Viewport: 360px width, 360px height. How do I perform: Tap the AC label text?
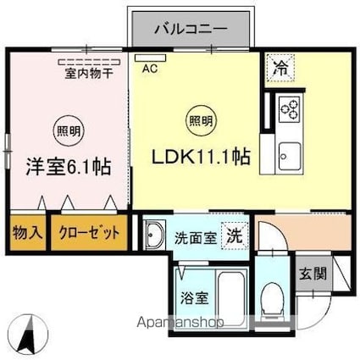click(150, 69)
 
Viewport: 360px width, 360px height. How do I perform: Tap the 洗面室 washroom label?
click(196, 239)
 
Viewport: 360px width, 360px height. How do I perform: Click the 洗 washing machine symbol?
click(231, 236)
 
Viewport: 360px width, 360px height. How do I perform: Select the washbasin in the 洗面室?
click(154, 234)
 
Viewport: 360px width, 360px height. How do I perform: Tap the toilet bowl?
click(273, 297)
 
